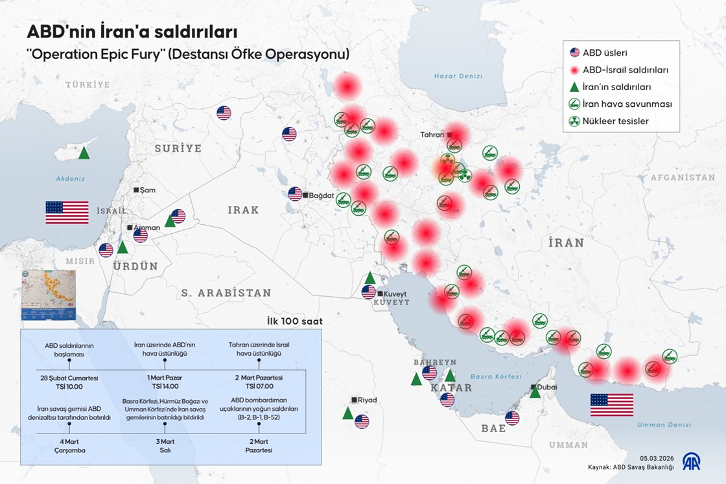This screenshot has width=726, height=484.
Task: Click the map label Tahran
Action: coord(432,135)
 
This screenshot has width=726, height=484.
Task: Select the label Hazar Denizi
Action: coord(458,76)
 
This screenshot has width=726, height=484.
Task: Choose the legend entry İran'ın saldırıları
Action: coord(616,87)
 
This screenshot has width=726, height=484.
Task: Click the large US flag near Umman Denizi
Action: coord(611,405)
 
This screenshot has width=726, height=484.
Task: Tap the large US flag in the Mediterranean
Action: coord(67,213)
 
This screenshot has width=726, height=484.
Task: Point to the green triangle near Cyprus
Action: coord(84,154)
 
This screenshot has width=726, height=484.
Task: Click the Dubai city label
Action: coord(546,387)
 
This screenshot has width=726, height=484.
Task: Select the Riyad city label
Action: coord(367,400)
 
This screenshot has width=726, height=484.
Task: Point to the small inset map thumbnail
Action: coord(49,291)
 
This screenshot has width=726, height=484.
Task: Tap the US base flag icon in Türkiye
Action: coord(224,113)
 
